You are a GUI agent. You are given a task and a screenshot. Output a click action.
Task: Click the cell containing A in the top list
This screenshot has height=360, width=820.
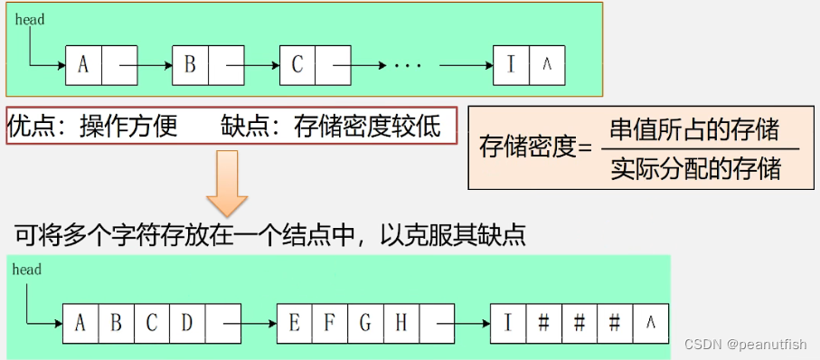(x=83, y=65)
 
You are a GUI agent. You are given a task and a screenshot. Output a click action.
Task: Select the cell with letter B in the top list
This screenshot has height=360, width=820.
(x=190, y=65)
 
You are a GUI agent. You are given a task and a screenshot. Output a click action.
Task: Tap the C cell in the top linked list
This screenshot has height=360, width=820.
(x=297, y=65)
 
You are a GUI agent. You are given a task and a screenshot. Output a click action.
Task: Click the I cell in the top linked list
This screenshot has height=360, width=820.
(x=512, y=65)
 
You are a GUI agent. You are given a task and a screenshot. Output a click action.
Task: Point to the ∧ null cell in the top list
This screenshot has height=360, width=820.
(x=547, y=65)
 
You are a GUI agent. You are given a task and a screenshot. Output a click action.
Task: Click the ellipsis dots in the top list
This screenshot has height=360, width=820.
(x=409, y=66)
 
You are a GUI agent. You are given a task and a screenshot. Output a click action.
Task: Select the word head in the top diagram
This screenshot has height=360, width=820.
(x=29, y=19)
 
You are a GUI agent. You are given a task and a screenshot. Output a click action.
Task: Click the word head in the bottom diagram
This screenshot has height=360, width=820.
(x=27, y=270)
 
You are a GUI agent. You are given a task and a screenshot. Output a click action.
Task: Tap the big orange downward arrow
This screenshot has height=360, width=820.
(x=226, y=181)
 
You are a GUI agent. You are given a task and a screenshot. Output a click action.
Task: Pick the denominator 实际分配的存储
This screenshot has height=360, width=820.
(x=694, y=168)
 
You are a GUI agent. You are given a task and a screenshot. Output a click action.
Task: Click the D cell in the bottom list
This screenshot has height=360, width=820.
(x=187, y=323)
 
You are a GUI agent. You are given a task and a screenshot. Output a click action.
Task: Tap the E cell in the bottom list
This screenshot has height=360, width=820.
(x=295, y=323)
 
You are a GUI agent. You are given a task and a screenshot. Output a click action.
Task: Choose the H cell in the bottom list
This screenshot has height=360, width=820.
(x=401, y=323)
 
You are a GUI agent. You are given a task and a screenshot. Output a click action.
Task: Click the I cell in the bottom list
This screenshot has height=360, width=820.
(x=508, y=323)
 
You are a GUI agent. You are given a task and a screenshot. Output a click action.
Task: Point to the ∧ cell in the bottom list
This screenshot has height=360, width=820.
(x=651, y=323)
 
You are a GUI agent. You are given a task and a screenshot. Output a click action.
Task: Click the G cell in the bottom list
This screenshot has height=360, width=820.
(x=366, y=323)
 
